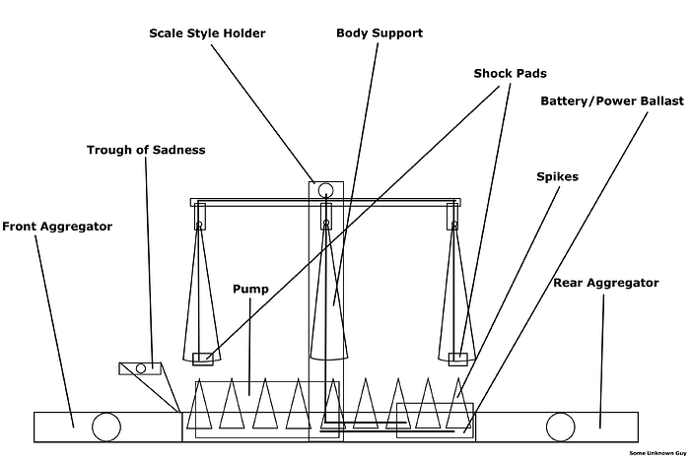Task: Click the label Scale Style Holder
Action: pyautogui.click(x=207, y=33)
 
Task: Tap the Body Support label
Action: pyautogui.click(x=380, y=33)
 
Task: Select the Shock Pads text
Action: pyautogui.click(x=510, y=73)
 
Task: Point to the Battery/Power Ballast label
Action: pyautogui.click(x=612, y=101)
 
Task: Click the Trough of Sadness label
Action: pyautogui.click(x=146, y=150)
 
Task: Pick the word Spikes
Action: pyautogui.click(x=558, y=177)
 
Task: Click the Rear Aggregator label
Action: pyautogui.click(x=605, y=283)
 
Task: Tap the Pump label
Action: pyautogui.click(x=250, y=290)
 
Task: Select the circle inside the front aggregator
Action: pyautogui.click(x=104, y=427)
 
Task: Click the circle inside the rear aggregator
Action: pyautogui.click(x=559, y=427)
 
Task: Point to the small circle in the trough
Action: pyautogui.click(x=141, y=368)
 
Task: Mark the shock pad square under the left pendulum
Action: pyautogui.click(x=202, y=359)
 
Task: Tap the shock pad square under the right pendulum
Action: pyautogui.click(x=457, y=359)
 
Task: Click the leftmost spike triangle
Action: pyautogui.click(x=201, y=404)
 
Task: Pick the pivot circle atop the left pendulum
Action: pyautogui.click(x=200, y=225)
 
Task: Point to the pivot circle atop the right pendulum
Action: pyautogui.click(x=454, y=225)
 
